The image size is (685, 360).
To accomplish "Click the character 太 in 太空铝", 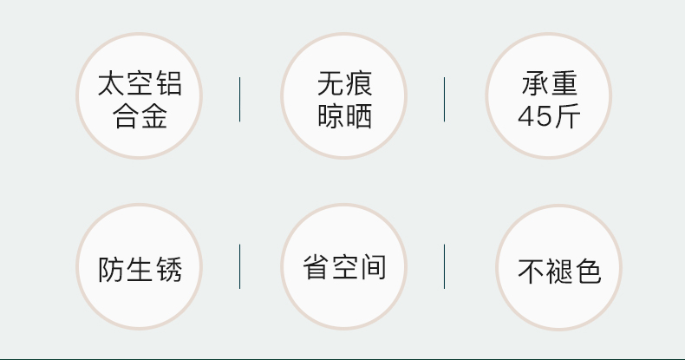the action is tap(113, 84).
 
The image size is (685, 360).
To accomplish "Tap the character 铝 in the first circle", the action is tap(167, 84).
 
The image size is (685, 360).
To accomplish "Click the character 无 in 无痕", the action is tap(330, 84).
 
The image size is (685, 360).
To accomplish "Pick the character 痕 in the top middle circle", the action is tap(358, 84).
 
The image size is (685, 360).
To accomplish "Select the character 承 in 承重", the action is tap(535, 84).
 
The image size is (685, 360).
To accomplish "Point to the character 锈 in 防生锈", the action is tap(167, 268).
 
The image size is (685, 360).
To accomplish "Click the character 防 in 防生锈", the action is tap(112, 268).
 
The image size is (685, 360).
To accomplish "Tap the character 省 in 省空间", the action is tap(316, 266).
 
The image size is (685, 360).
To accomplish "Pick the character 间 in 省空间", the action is tap(372, 266).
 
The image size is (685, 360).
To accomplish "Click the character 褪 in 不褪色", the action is tap(559, 271).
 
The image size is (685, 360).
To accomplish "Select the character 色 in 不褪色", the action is tap(587, 271).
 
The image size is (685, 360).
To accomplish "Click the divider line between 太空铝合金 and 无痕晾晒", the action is tap(240, 99).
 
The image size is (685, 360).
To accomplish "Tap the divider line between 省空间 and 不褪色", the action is tap(445, 266).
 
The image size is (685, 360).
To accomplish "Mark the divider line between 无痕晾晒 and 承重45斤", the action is tap(445, 99).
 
